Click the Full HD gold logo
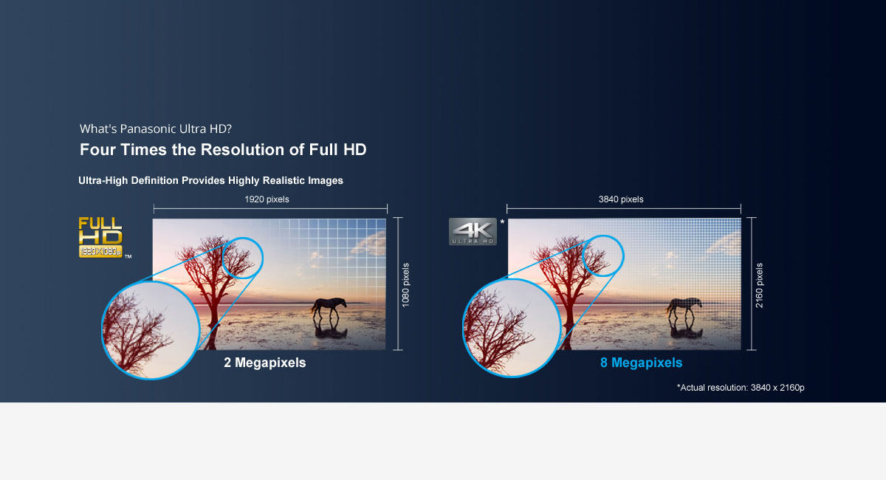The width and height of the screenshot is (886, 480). click(x=100, y=237)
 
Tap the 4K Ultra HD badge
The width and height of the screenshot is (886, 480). click(x=473, y=231)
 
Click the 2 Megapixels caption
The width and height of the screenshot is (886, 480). click(x=264, y=363)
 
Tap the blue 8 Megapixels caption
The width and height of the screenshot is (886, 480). click(x=641, y=363)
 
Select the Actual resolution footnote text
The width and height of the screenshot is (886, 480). click(x=741, y=388)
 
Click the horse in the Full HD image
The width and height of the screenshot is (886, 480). click(x=329, y=308)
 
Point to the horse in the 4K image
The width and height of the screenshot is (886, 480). click(x=684, y=308)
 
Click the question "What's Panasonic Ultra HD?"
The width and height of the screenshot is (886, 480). click(x=156, y=128)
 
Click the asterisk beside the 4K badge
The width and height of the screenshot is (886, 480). click(x=502, y=222)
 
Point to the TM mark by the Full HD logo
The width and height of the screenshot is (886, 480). click(x=128, y=257)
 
